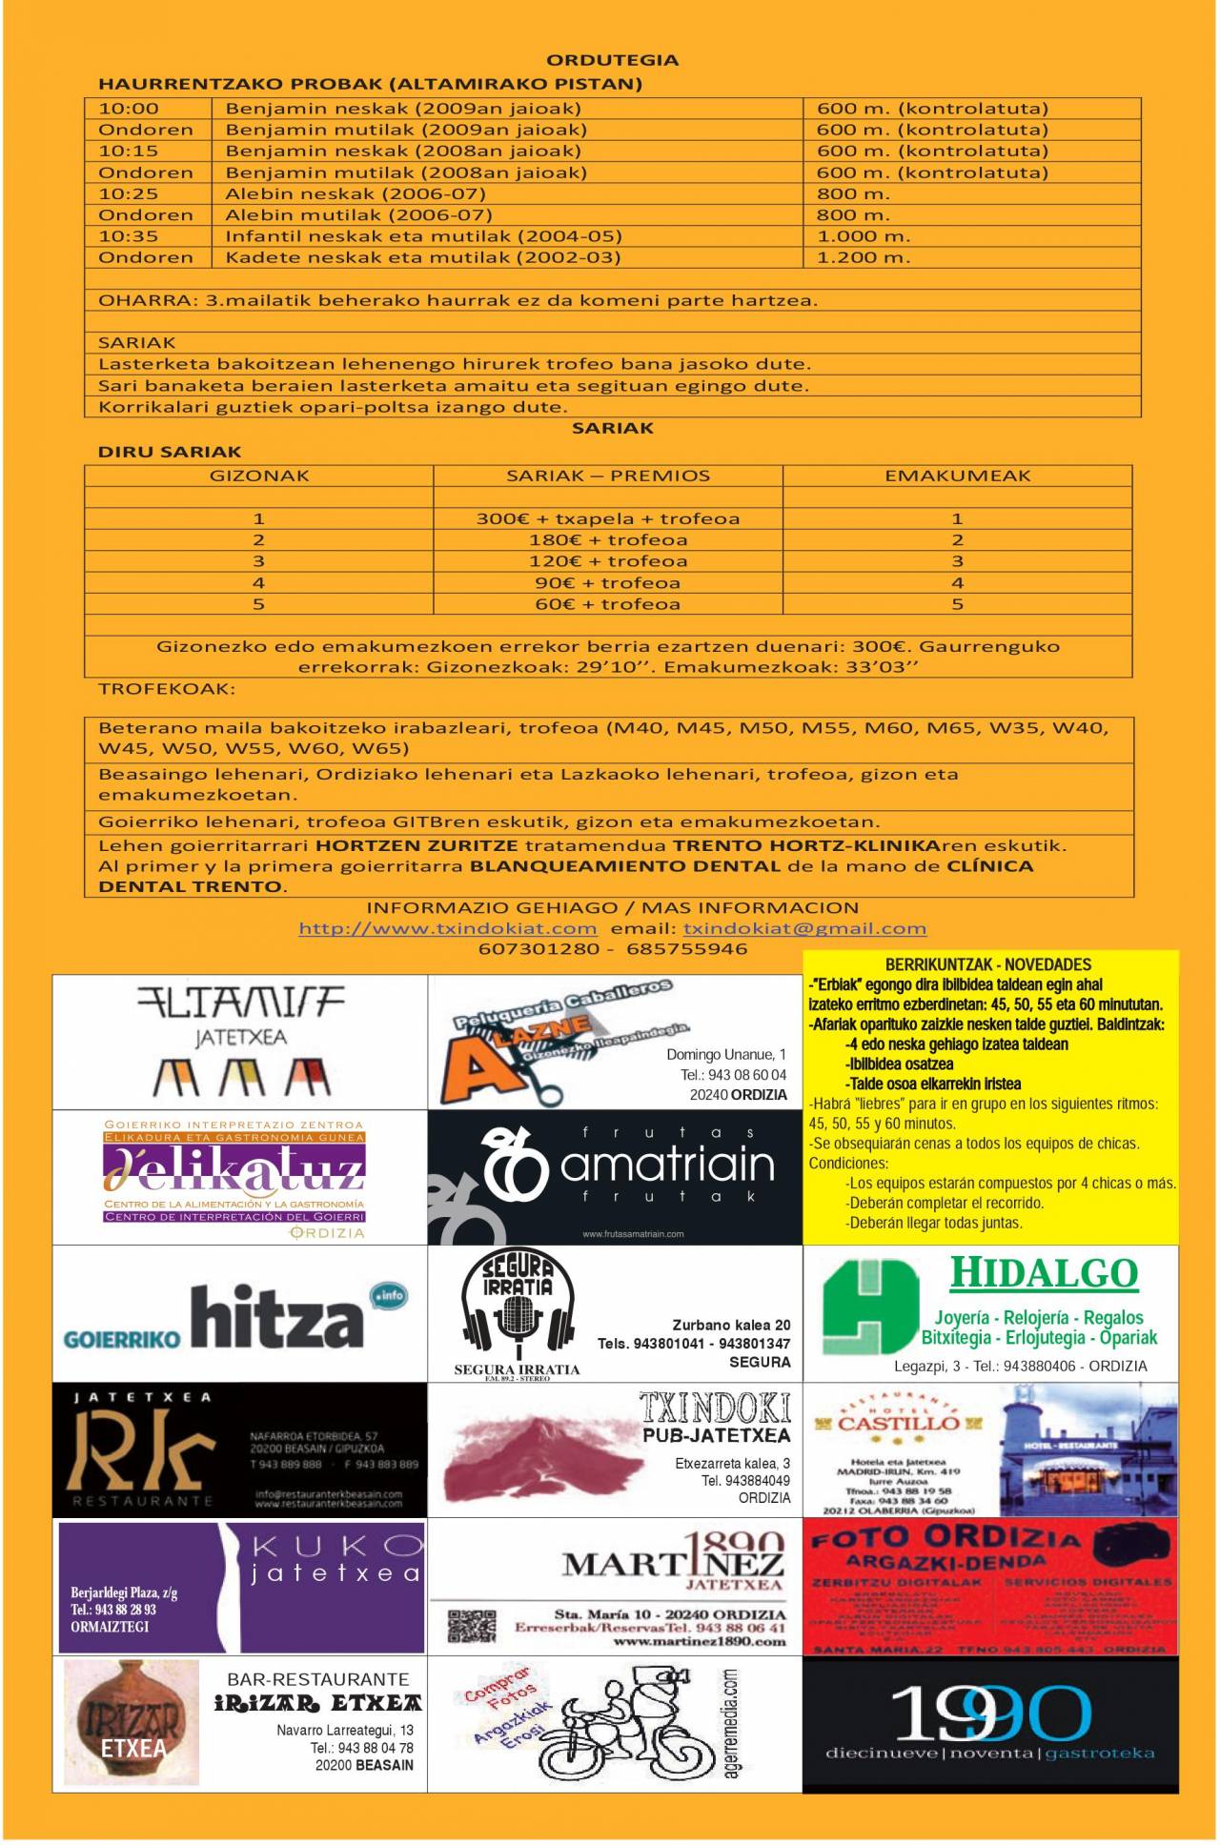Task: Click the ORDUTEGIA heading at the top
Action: click(612, 60)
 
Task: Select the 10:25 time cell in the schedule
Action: click(129, 193)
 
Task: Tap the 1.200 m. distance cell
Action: click(864, 257)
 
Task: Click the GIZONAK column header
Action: click(259, 476)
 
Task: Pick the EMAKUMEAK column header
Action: click(957, 476)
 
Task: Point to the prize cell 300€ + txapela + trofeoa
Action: click(608, 518)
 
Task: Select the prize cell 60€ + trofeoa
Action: click(608, 604)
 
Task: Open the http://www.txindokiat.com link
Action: click(448, 928)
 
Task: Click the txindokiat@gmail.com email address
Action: click(804, 928)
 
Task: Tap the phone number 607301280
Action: click(539, 949)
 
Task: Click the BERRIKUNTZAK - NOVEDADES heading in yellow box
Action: click(988, 964)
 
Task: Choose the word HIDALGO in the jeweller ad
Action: click(1044, 1273)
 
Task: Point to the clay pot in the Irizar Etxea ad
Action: click(132, 1722)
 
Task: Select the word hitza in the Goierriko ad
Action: click(276, 1319)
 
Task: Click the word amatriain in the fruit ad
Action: click(667, 1165)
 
